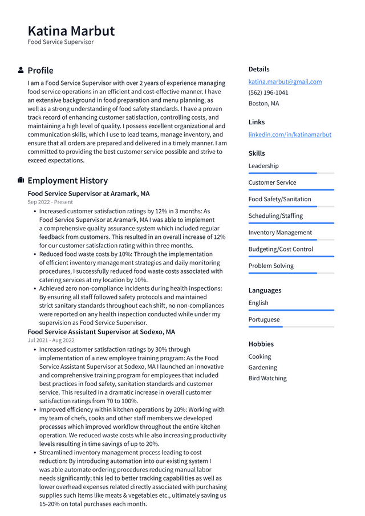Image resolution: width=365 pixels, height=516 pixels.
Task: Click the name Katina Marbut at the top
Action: tap(71, 31)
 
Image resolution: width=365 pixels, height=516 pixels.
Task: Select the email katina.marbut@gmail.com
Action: tap(285, 82)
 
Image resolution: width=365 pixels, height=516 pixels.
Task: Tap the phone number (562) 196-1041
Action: tap(268, 92)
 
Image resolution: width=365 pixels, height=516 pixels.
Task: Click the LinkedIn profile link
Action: tap(290, 135)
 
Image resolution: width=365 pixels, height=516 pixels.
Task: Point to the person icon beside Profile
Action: tap(21, 70)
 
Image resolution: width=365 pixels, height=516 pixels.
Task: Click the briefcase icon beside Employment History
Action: tap(21, 180)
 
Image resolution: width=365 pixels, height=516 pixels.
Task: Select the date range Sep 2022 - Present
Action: tap(50, 202)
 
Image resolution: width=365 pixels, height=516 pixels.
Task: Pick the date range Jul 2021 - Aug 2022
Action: tap(51, 340)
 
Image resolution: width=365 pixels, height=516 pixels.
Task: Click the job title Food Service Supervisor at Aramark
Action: tap(88, 193)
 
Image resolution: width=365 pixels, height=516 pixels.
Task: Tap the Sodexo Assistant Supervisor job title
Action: tap(101, 332)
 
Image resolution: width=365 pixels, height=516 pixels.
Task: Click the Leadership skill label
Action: tap(263, 166)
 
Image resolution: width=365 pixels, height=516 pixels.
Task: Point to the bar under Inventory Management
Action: tap(291, 240)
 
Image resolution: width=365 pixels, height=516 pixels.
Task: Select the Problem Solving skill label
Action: tap(271, 266)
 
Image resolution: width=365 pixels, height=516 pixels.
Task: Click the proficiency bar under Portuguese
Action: tap(291, 327)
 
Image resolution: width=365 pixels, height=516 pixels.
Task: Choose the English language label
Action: tap(258, 303)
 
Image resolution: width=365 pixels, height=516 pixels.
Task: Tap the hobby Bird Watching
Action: tap(267, 378)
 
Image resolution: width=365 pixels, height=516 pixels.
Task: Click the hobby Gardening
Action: tap(262, 367)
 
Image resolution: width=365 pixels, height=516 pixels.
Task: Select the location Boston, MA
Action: tap(263, 103)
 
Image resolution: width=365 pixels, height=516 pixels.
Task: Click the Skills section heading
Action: tap(257, 153)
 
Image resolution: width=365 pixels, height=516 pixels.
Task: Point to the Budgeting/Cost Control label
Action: tap(281, 249)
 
